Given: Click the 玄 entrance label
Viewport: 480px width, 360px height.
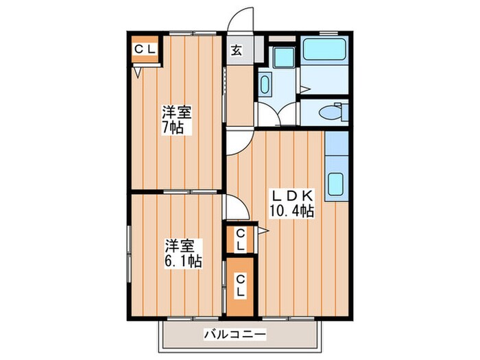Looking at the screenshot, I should [x=236, y=50].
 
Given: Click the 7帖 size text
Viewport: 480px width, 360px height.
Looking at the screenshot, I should [x=173, y=128].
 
